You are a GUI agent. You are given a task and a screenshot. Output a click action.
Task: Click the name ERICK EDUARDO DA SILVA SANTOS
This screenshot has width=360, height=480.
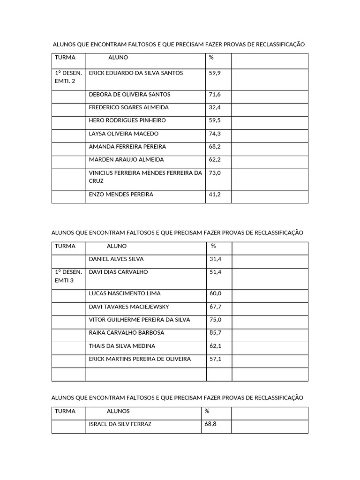[136, 73]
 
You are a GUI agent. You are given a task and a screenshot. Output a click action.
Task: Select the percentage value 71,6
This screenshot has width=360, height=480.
[214, 95]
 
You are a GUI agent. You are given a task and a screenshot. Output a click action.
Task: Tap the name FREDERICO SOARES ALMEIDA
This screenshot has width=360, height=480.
[129, 107]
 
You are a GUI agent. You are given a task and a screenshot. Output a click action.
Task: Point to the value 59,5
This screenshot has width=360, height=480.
[214, 120]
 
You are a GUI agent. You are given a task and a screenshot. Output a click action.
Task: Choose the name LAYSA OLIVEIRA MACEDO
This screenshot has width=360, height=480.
[124, 134]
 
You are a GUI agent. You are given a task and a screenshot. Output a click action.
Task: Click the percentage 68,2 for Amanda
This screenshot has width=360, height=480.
[214, 147]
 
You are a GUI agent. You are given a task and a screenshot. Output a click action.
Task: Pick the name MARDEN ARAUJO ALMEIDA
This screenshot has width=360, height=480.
[127, 160]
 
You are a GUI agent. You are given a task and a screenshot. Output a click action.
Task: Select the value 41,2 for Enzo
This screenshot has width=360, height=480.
[214, 195]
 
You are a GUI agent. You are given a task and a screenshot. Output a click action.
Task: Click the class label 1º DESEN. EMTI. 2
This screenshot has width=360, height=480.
[68, 77]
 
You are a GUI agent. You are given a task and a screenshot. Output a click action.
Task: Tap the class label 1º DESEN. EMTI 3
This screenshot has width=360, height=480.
[68, 276]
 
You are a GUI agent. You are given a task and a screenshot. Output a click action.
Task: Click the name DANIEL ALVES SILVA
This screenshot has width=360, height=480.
[116, 259]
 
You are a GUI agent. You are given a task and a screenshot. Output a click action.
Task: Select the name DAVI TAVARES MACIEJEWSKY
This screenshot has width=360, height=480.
[129, 307]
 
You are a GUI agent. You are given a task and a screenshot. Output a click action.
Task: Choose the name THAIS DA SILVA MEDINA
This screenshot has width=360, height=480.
[122, 346]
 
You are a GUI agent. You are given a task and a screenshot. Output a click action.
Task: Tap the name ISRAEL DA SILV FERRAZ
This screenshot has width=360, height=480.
[120, 424]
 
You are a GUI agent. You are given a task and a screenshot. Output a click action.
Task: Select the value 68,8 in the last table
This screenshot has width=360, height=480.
[210, 424]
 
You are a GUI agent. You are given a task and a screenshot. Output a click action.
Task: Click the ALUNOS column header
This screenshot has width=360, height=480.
[118, 411]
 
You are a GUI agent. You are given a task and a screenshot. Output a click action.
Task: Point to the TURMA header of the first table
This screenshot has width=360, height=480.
[65, 58]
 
